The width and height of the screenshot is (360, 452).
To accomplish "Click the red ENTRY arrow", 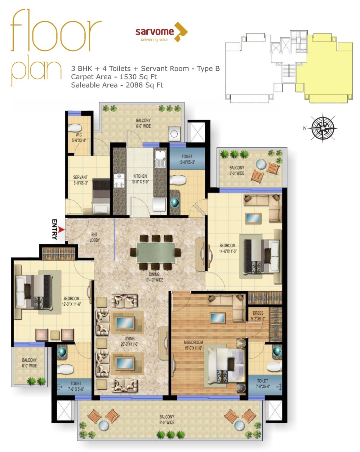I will (x=61, y=230).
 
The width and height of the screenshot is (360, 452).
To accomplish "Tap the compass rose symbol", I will (x=323, y=128).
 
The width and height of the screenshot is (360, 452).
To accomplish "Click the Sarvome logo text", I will (x=155, y=32).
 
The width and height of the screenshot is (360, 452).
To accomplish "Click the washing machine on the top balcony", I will (x=174, y=134).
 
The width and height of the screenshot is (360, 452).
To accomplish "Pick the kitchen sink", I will (x=160, y=159).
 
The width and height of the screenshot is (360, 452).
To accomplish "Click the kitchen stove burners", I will (x=119, y=181).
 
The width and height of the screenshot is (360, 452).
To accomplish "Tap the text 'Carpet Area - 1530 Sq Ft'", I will (x=114, y=77).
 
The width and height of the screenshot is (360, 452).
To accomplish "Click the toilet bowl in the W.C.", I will (x=76, y=128).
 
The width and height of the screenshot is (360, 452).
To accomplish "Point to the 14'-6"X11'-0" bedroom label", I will (x=227, y=248).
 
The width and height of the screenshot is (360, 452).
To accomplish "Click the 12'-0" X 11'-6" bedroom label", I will (x=71, y=301).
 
